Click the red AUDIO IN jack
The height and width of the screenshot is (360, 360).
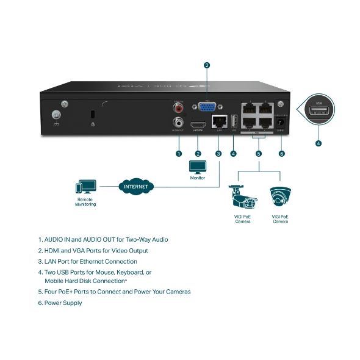[x=179, y=108]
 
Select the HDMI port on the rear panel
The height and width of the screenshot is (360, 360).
[x=198, y=123]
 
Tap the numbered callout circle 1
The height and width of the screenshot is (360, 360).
[x=179, y=153]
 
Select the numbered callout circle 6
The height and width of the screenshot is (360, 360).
[x=281, y=153]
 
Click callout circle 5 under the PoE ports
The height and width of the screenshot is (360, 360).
[x=258, y=153]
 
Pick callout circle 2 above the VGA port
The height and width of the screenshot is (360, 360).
[x=207, y=65]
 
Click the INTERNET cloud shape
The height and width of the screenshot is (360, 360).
[x=135, y=186]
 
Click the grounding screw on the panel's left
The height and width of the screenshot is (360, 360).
[x=56, y=114]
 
